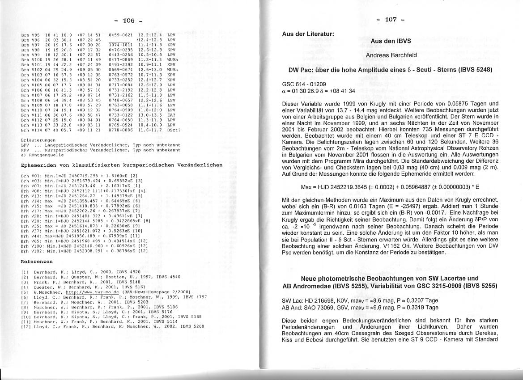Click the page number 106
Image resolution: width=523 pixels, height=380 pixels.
pos(128,21)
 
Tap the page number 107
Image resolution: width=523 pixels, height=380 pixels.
pos(390,19)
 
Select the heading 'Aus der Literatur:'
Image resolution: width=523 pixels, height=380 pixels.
pos(308,34)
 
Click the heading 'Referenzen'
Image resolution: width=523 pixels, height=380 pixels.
pos(37,262)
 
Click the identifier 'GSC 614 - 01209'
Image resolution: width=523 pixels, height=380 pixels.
pos(304,84)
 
